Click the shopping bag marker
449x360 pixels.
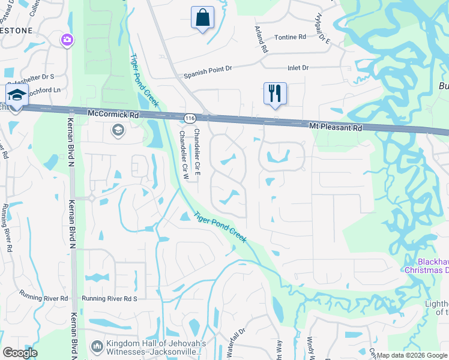coord(202,18)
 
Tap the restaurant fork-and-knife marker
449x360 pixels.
coord(275,94)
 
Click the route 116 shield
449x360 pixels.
coord(190,118)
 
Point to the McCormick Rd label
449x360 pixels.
coord(113,113)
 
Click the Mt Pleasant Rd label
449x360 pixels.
coord(336,127)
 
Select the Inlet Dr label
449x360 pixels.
coord(298,68)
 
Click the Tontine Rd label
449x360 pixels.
coord(290,37)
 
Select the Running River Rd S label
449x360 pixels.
coord(110,298)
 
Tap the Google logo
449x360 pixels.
coord(20,353)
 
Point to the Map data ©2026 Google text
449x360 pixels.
coord(412,355)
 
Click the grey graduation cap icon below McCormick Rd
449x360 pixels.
coord(118,130)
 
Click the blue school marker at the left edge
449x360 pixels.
coord(16,96)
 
